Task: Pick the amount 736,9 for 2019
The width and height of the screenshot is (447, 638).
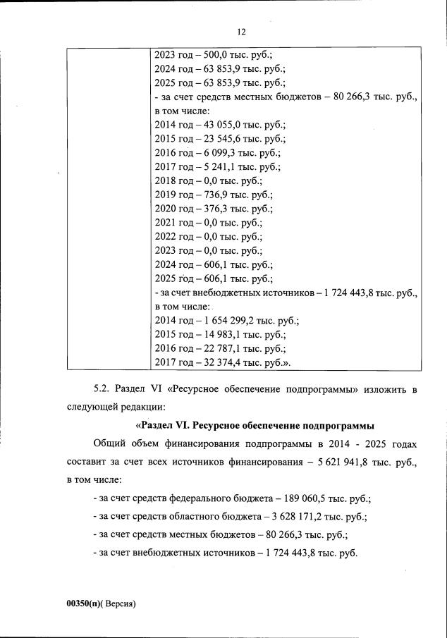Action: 204,195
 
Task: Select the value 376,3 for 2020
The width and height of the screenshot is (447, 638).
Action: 204,209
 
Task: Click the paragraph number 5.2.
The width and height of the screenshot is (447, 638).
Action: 102,389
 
